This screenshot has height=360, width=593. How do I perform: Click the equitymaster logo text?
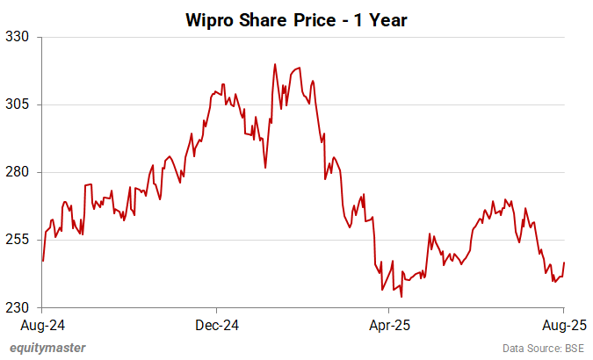(47, 348)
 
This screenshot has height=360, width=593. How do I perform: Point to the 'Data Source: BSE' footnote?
(543, 349)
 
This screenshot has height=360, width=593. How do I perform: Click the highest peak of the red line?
(275, 64)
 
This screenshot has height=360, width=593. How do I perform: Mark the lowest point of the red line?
(401, 296)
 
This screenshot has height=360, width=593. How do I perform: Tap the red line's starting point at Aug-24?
(43, 261)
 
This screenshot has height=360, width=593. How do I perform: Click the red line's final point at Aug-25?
(564, 263)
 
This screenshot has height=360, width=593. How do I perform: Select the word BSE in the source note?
(572, 349)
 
